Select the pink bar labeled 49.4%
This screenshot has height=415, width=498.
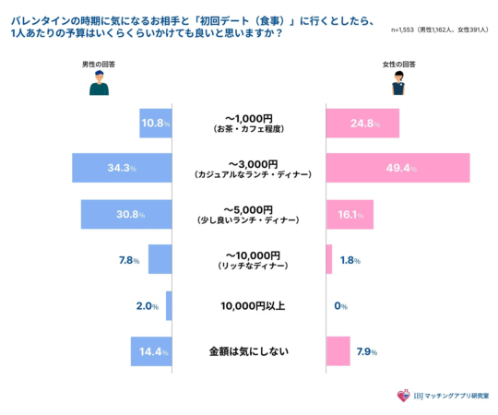click(397, 168)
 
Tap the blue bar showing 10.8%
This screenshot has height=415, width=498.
click(156, 123)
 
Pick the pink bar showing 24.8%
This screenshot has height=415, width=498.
click(362, 123)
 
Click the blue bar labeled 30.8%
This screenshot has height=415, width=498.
click(126, 214)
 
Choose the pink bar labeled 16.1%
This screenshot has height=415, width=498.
click(350, 214)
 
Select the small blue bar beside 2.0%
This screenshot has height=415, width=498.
click(169, 305)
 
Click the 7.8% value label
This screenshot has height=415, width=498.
click(129, 260)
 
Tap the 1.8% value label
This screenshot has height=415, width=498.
click(350, 260)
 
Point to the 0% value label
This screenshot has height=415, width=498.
click(340, 305)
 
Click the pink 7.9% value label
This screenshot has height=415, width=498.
click(367, 351)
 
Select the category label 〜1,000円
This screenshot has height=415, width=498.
click(249, 117)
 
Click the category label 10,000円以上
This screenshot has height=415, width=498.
click(249, 305)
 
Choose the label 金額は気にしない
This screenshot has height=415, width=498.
click(249, 351)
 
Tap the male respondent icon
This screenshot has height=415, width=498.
click(99, 85)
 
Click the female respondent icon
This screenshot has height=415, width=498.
click(398, 85)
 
